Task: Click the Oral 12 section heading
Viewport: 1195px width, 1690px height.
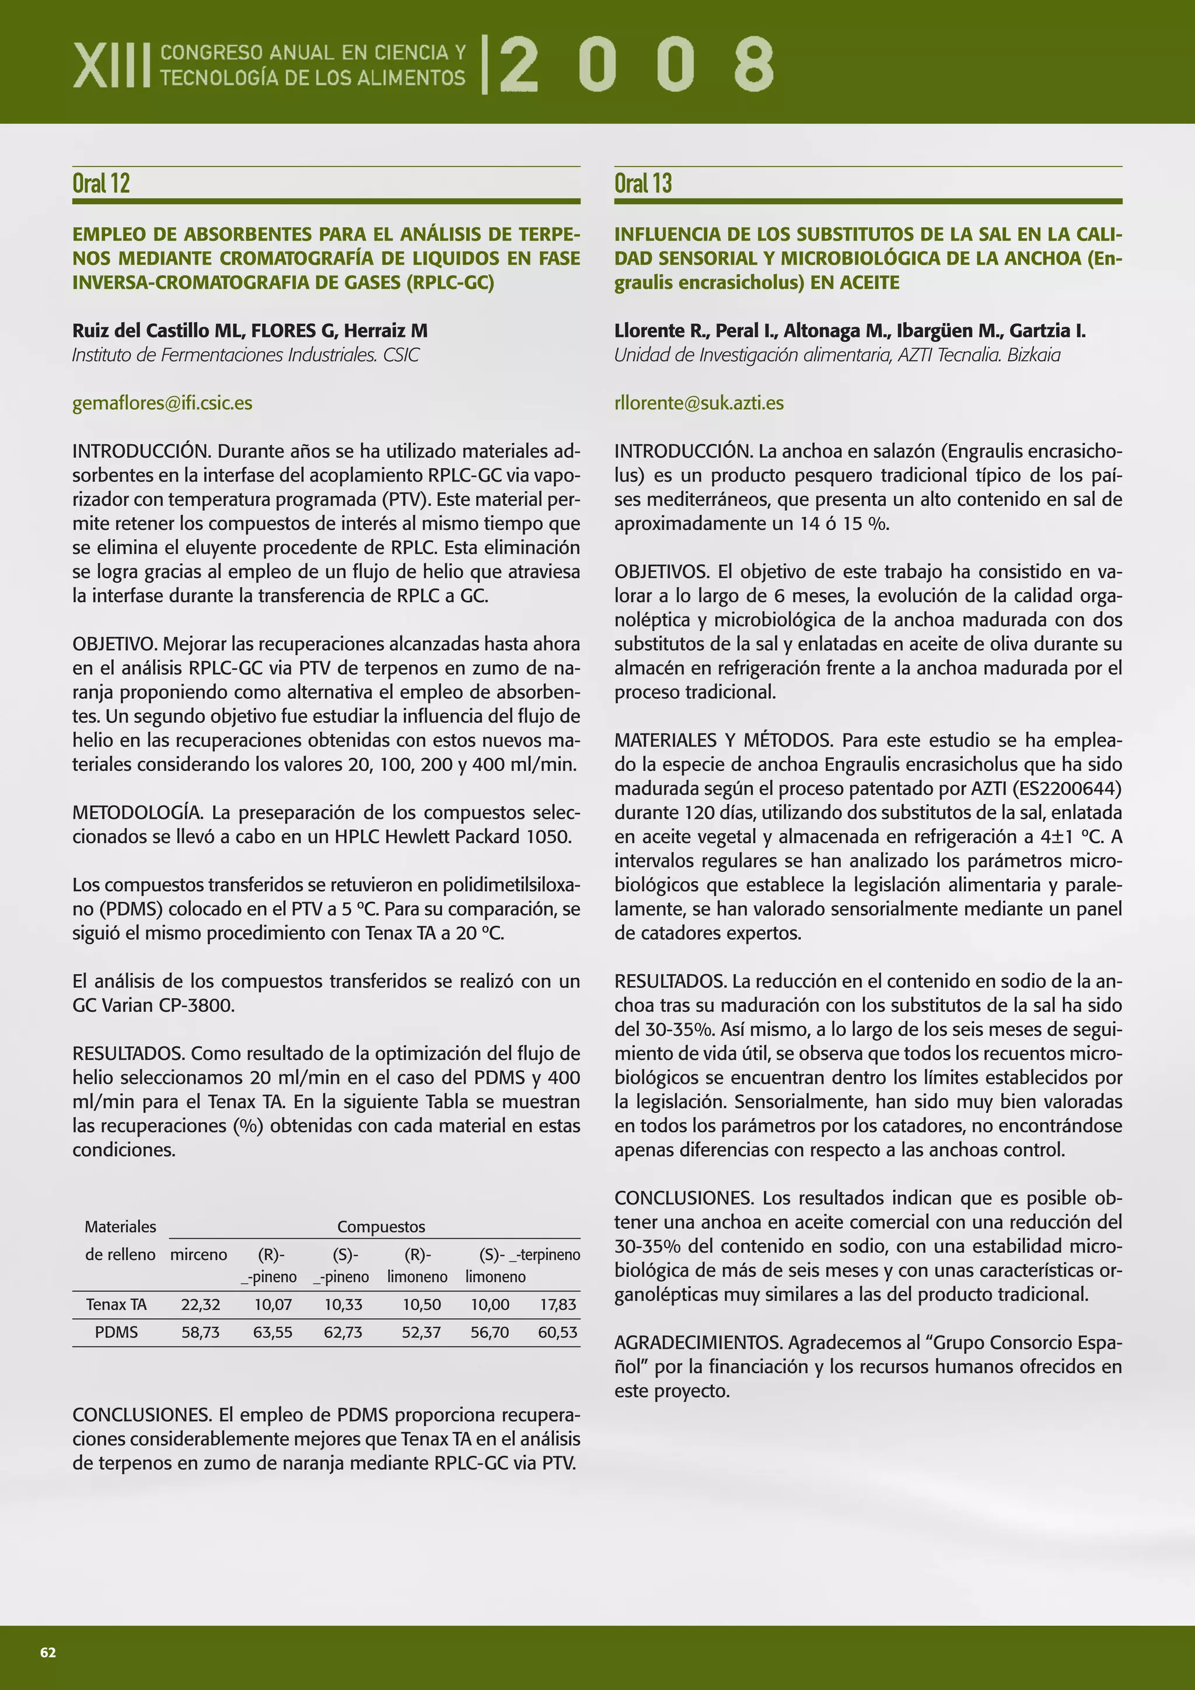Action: coord(101,183)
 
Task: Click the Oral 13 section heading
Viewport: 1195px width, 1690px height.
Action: coord(642,183)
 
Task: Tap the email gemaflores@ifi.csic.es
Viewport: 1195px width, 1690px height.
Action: coord(162,403)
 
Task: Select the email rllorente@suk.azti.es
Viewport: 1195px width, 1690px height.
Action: coord(698,403)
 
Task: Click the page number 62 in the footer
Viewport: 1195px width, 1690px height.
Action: coord(48,1653)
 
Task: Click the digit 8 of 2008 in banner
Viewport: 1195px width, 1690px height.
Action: coord(753,64)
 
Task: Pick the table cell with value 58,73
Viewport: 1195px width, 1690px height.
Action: coord(200,1332)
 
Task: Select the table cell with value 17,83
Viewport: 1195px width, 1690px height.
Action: coord(557,1304)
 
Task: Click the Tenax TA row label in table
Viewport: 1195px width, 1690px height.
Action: coord(116,1304)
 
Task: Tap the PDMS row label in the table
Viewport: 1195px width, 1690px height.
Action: coord(116,1332)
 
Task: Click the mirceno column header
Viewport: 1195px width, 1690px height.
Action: coord(198,1253)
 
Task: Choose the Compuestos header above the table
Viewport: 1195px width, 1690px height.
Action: coord(380,1225)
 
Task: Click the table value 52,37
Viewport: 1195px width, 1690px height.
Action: coord(421,1332)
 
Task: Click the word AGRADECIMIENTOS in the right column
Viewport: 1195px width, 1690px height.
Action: coord(698,1343)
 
